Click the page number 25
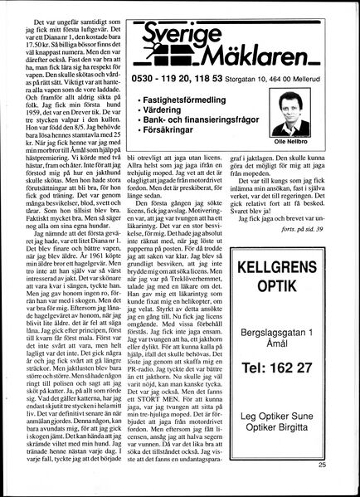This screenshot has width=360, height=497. pos(343,488)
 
